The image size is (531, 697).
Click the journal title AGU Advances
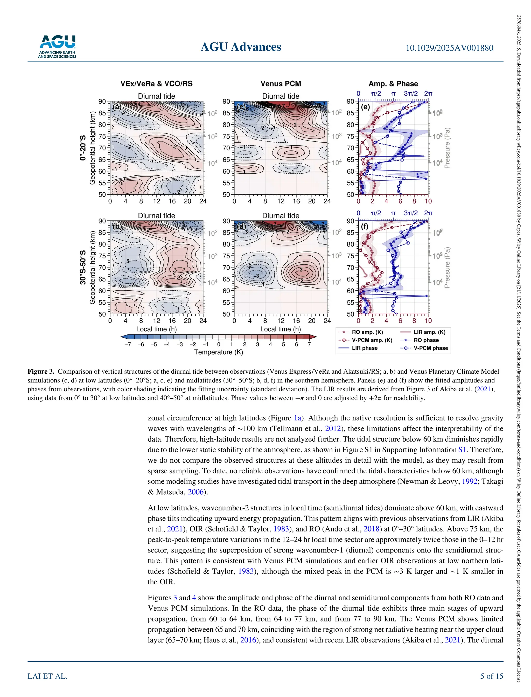[x=241, y=47]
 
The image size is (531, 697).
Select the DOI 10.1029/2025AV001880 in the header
[x=449, y=48]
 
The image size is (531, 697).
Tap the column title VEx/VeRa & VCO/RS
[x=156, y=84]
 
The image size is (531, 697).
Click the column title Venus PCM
[x=281, y=84]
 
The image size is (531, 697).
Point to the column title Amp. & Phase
[x=393, y=84]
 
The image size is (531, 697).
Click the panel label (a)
[x=117, y=107]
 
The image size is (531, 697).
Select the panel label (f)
[x=365, y=227]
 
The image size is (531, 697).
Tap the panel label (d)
[x=241, y=227]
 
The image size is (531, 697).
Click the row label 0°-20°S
[x=83, y=148]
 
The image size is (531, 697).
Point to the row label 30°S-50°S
[x=83, y=267]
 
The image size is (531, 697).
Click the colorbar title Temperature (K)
[x=218, y=352]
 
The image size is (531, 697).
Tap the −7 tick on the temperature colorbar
[x=128, y=344]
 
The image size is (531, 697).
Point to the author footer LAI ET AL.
[x=47, y=676]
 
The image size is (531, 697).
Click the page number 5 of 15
[x=492, y=676]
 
